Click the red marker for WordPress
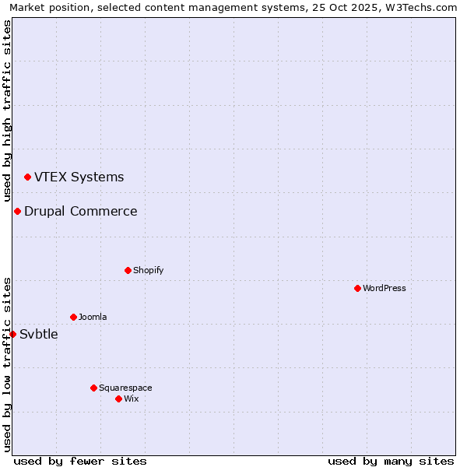(x=357, y=288)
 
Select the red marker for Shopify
(x=128, y=270)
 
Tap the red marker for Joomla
(x=73, y=317)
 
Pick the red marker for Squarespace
(x=93, y=388)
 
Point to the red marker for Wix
(x=118, y=399)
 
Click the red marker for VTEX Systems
(x=27, y=177)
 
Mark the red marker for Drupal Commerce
(x=17, y=211)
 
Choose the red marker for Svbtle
(x=12, y=334)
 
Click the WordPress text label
(x=384, y=288)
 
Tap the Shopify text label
(x=148, y=270)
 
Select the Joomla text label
(x=93, y=317)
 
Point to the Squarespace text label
(x=125, y=388)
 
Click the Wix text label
(x=132, y=399)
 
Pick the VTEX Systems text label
(x=79, y=177)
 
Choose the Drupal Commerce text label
(x=80, y=211)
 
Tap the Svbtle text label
(x=39, y=334)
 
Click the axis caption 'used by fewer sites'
(x=80, y=461)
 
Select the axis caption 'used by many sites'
(x=391, y=461)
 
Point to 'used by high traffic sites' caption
(x=7, y=111)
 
